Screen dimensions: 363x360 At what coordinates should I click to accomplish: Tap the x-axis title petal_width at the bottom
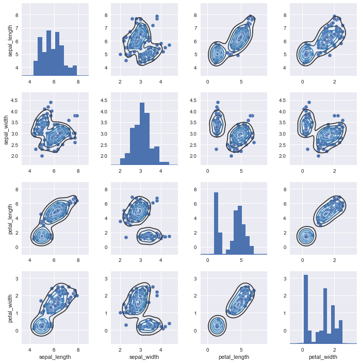323,356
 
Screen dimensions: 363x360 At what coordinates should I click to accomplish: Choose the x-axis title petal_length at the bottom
234,356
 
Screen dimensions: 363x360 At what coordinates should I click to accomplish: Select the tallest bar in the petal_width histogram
305,309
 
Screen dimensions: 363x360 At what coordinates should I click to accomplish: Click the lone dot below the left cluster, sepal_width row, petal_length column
216,149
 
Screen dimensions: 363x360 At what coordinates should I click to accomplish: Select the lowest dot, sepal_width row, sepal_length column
42,155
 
